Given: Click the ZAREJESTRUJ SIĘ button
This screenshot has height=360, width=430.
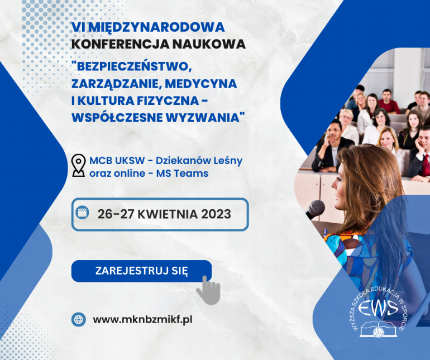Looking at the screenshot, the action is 141,271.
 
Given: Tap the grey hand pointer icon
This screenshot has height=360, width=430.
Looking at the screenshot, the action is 209,291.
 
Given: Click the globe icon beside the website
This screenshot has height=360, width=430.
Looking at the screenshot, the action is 78,319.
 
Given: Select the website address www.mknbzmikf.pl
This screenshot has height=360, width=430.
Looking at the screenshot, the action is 142,320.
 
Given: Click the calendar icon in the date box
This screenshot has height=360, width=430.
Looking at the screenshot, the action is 82,212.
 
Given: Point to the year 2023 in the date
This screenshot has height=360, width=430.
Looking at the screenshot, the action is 216,214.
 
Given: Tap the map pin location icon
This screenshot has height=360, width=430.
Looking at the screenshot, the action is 78,165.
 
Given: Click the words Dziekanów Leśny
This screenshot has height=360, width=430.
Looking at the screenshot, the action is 199,161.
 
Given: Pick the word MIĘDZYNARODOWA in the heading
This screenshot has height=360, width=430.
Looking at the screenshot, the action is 156,27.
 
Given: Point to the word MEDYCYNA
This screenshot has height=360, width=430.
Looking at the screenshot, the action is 200,84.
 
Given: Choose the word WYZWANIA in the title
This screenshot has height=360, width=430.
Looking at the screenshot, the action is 204,118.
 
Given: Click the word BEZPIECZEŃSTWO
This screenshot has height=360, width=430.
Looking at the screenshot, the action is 132,66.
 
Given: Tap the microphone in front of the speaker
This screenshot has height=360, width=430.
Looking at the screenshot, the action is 316,209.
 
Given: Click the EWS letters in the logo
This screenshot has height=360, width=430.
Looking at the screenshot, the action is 378,308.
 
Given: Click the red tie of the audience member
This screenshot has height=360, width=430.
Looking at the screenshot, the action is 426,165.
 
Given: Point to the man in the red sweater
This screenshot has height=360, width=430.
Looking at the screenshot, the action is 388,102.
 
